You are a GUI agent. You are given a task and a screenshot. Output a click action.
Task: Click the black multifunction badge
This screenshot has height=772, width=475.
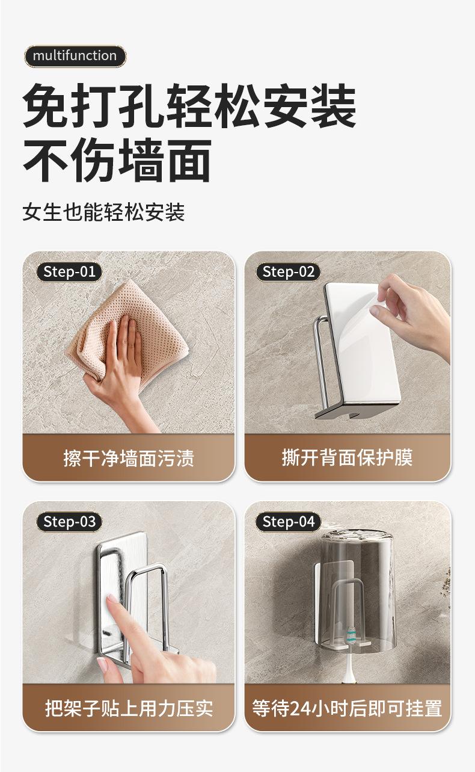pos(75,56)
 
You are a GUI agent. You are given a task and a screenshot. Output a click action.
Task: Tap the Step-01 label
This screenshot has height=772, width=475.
pos(69,272)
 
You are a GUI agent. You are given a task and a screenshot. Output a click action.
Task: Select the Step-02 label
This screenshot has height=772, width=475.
pos(288,272)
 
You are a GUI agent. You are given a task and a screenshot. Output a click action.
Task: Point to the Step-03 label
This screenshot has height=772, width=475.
pos(69,522)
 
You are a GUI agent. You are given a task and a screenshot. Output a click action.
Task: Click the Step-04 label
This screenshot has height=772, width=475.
pos(288,522)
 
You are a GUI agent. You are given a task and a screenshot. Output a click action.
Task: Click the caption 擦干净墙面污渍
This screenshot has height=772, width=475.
pos(129,459)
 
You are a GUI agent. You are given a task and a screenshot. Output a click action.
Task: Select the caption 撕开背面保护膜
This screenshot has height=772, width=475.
pos(347,458)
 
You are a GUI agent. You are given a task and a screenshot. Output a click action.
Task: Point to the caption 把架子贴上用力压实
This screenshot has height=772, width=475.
pos(129,708)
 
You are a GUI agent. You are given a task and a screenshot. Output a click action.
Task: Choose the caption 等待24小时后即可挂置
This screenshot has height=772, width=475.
pos(347,708)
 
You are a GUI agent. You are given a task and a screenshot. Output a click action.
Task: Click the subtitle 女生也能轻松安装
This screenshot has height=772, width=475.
pos(103,212)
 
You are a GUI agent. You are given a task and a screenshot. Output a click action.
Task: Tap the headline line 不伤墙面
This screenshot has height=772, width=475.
pos(117,160)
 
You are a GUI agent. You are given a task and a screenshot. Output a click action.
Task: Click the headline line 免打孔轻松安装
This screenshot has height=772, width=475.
pos(189,105)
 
